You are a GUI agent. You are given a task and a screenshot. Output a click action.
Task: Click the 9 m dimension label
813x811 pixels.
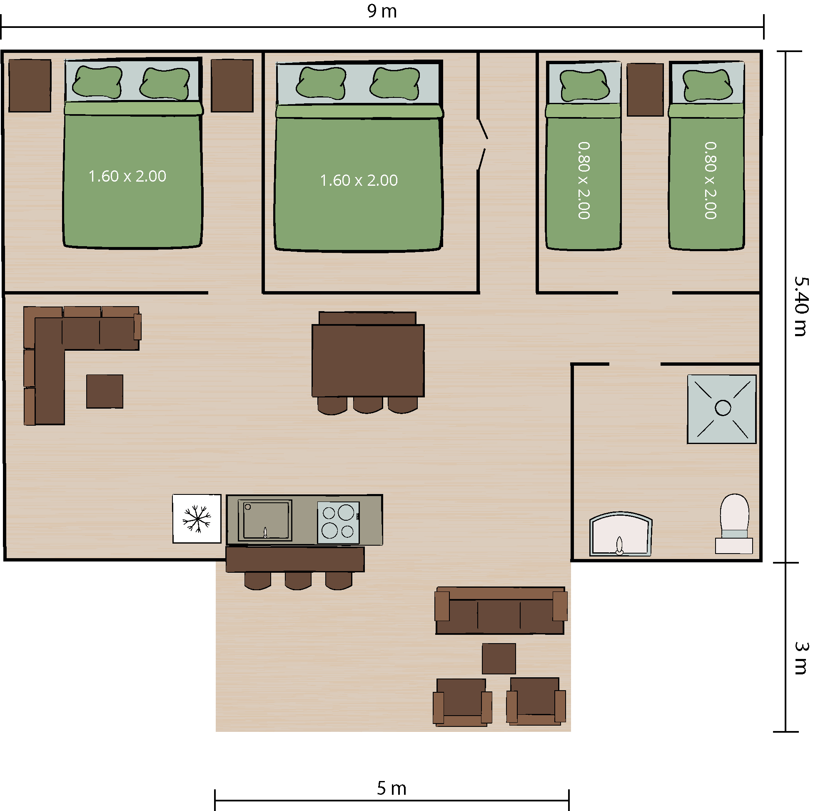click(382, 11)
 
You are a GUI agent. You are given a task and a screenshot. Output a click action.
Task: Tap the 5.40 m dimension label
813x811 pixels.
click(801, 306)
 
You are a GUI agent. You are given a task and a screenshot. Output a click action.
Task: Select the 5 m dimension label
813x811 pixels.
click(392, 788)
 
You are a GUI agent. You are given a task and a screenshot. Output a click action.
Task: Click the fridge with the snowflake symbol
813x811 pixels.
click(197, 519)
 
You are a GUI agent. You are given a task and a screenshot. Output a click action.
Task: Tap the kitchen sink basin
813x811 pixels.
click(265, 520)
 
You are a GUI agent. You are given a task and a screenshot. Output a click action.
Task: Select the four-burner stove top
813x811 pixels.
click(338, 522)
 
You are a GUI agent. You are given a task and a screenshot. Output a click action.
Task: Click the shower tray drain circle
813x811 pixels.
click(723, 408)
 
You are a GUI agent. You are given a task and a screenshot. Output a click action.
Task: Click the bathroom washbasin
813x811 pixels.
click(621, 534)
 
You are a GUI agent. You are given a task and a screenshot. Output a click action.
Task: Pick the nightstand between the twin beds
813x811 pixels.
click(645, 90)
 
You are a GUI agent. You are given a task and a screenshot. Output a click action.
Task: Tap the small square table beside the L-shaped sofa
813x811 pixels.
click(105, 392)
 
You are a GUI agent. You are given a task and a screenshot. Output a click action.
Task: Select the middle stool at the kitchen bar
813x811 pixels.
click(298, 580)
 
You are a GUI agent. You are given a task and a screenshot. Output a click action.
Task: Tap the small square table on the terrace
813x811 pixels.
click(499, 659)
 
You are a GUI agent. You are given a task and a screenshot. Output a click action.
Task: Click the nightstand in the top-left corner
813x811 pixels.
click(30, 85)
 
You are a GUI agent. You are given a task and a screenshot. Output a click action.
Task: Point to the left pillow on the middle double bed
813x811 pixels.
click(321, 82)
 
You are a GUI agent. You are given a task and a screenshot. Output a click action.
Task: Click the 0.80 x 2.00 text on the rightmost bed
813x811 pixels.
click(710, 180)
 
